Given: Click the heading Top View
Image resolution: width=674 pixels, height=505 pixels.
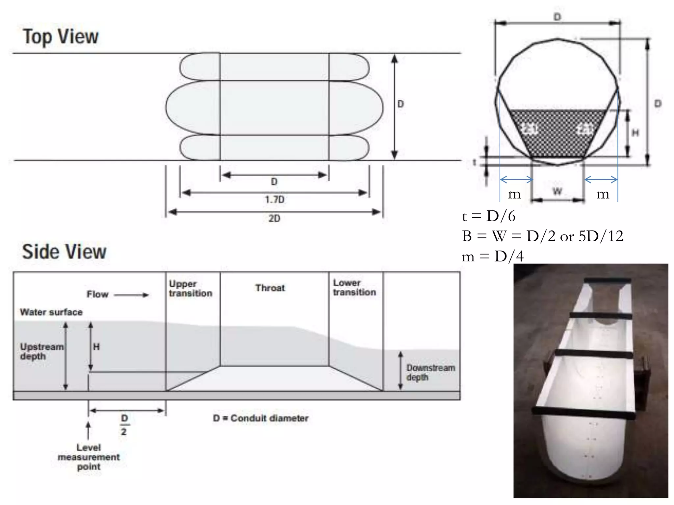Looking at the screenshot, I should (x=61, y=36).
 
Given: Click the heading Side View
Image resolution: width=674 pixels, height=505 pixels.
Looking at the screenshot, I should (x=64, y=252).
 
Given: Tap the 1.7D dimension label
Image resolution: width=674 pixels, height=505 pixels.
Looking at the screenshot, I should (x=274, y=200).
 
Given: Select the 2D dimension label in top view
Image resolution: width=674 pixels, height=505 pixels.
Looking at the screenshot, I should (x=274, y=219).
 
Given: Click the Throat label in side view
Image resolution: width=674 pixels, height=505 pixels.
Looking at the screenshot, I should (x=270, y=288).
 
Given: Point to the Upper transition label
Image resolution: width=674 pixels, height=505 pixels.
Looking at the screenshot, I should (x=191, y=289).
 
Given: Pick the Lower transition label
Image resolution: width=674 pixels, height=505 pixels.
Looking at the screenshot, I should (x=354, y=288).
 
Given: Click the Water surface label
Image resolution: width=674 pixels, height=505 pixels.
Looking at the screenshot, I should (x=51, y=312).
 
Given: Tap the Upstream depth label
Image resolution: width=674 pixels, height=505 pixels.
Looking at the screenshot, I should (x=42, y=351).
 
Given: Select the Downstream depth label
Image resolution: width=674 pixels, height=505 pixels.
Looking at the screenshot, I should (x=430, y=373).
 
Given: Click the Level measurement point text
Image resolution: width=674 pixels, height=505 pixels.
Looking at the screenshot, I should (x=89, y=457).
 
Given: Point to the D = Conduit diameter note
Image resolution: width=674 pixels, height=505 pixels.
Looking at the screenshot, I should (x=261, y=419).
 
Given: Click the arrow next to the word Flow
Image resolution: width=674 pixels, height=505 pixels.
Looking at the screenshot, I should (x=131, y=295).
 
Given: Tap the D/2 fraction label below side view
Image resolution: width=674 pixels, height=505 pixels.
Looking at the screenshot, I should (x=124, y=425).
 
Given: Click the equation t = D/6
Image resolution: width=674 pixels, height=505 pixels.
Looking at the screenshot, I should (x=489, y=216).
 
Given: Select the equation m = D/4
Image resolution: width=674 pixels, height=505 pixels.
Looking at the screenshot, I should (x=493, y=256).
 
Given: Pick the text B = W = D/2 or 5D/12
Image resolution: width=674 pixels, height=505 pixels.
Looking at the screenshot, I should (x=542, y=236).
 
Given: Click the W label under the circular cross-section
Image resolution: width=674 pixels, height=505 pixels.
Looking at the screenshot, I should (x=557, y=191).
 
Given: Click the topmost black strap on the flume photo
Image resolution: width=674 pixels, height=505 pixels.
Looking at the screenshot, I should (x=608, y=280).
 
